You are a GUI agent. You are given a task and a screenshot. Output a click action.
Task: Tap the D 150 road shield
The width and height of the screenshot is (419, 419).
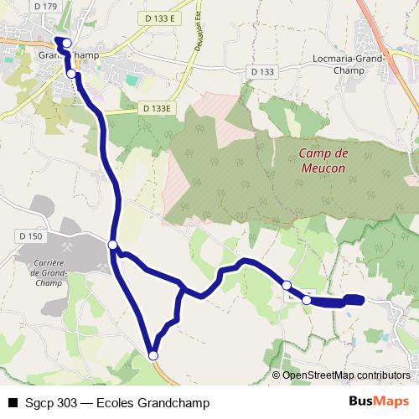[x=30, y=237]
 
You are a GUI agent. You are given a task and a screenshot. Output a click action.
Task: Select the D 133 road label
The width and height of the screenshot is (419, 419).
[x=261, y=71]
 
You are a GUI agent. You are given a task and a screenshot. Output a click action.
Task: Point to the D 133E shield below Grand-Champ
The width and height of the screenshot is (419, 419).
[x=156, y=108]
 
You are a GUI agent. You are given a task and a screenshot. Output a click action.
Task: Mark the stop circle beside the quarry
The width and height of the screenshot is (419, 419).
[x=113, y=244]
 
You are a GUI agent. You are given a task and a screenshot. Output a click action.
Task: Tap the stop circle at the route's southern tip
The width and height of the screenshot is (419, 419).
[x=153, y=356]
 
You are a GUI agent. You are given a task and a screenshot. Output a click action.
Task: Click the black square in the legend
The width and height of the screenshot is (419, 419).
[x=12, y=403]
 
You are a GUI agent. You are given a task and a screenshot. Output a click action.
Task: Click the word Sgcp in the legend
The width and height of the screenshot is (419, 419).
[x=35, y=403]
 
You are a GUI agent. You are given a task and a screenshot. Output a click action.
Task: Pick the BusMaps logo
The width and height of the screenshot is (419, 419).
[x=379, y=402]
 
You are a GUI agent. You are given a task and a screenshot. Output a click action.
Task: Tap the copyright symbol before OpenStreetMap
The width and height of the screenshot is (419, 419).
[x=277, y=375]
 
